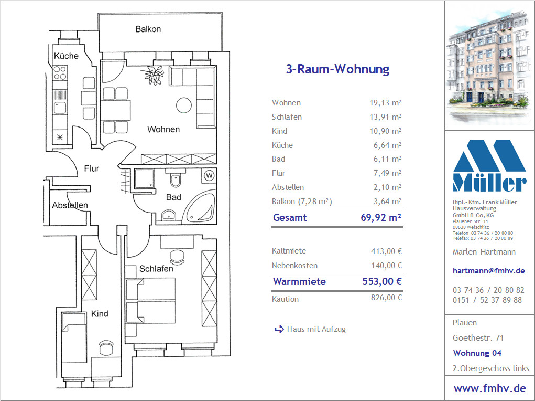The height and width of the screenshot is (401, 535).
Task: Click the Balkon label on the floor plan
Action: click(148, 29)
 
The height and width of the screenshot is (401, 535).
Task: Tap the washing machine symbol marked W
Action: click(210, 176)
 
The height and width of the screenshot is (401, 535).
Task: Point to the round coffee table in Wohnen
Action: click(184, 105)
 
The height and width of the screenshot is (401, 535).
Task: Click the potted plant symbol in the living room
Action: click(153, 75)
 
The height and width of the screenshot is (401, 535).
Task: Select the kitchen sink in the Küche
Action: click(60, 108)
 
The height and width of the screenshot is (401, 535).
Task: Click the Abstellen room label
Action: click(70, 205)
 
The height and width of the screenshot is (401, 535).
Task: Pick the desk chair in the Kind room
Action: click(106, 347)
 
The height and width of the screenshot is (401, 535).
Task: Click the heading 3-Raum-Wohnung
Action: click(337, 69)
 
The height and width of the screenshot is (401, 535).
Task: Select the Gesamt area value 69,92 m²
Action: click(381, 217)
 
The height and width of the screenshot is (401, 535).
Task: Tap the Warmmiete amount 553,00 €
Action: click(382, 281)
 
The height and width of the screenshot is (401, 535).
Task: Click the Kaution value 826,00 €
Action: click(386, 298)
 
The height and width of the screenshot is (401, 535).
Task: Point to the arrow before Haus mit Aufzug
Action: click(279, 329)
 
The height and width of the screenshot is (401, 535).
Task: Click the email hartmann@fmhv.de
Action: click(488, 271)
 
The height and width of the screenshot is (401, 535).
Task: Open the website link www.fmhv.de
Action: click(489, 388)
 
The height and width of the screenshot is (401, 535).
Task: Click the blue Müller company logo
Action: click(489, 165)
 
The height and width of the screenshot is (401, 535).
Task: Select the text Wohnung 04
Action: click(477, 353)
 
